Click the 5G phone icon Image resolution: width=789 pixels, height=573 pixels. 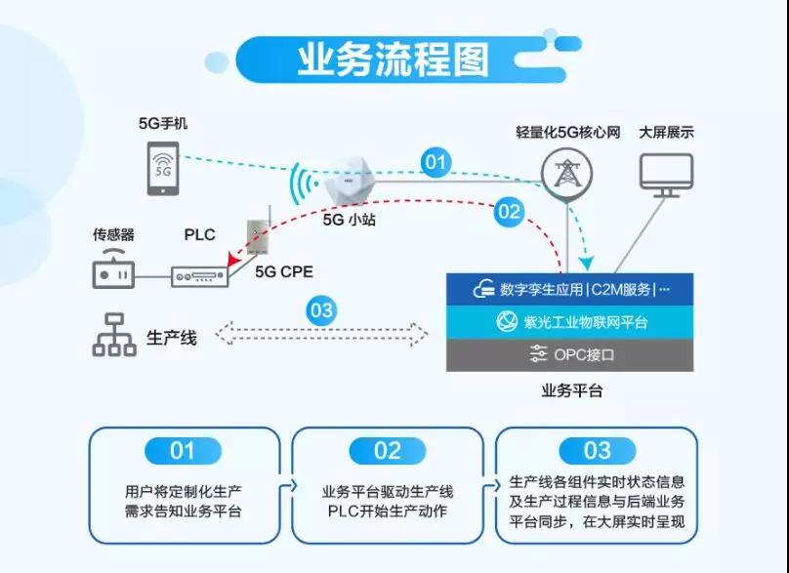point(162,169)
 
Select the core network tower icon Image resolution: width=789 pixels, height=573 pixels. point(567,174)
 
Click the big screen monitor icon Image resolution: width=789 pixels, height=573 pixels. point(666,175)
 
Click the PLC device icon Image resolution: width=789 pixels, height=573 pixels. point(200,276)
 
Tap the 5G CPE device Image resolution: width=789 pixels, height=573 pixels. point(259,232)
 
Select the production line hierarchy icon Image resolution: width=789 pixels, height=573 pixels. point(114,335)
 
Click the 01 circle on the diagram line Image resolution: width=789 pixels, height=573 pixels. point(436,162)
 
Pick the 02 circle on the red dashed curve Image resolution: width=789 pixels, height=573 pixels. point(509,211)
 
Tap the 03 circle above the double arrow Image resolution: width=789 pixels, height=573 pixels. point(321,309)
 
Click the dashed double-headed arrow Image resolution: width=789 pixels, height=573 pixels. point(321,334)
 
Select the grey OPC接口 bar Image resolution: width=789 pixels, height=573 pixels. point(569,354)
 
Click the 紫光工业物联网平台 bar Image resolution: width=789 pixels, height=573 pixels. point(569,322)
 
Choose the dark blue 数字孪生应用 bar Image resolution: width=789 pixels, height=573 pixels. point(569,289)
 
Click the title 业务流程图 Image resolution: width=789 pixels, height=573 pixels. point(393,60)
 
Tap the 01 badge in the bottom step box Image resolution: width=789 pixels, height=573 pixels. point(183,451)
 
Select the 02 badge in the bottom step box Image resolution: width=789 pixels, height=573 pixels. point(388,451)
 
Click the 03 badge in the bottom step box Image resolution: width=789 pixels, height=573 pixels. point(598,451)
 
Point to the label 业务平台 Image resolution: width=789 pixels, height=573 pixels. point(571,390)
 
